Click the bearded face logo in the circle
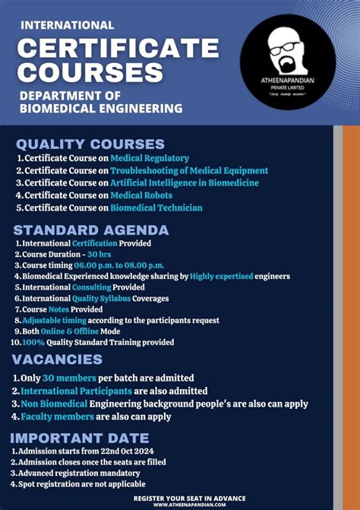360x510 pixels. [x=286, y=46]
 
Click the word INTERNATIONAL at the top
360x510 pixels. [x=68, y=25]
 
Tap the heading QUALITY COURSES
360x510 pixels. [x=90, y=144]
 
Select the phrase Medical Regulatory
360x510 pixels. [x=150, y=158]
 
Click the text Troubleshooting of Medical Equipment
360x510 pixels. [x=189, y=170]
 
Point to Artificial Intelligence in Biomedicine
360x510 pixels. [x=185, y=182]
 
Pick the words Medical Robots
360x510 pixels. [x=141, y=195]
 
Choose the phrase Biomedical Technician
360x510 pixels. [x=156, y=207]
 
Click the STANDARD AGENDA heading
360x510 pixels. [x=91, y=230]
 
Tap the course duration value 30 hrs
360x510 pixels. [x=99, y=254]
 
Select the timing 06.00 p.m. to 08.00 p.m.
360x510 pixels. [x=120, y=265]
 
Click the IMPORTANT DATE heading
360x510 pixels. [x=80, y=438]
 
